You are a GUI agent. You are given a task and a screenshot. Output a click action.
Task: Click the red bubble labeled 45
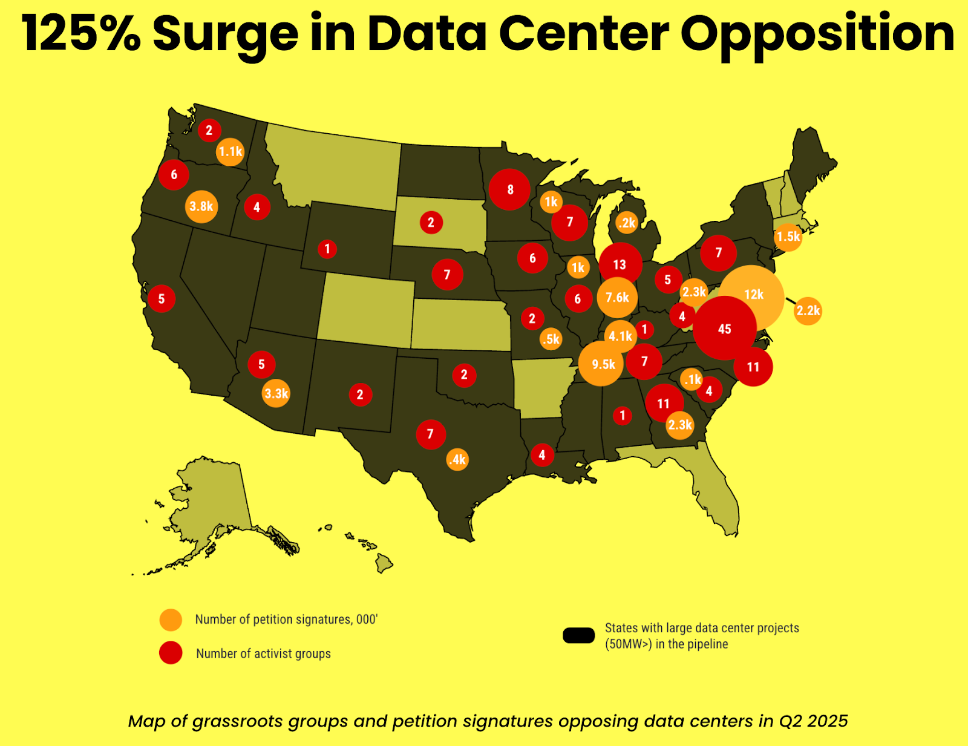tap(724, 329)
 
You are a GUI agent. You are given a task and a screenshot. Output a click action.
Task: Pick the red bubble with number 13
tap(620, 264)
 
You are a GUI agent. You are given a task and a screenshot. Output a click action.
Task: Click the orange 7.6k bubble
tap(617, 297)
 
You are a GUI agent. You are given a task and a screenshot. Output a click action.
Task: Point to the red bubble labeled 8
tap(509, 189)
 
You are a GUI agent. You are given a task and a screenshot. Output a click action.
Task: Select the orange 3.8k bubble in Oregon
tap(201, 206)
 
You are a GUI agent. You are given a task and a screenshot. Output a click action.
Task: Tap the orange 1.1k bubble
tap(230, 151)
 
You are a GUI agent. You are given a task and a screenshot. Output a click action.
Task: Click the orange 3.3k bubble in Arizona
tap(276, 394)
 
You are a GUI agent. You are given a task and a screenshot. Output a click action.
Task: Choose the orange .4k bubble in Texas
tap(457, 459)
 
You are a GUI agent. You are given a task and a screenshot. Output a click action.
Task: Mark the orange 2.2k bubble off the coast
tap(808, 311)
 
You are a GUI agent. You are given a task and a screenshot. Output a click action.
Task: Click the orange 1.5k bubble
tap(788, 237)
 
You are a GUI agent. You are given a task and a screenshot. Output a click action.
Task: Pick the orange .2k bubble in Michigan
tap(627, 223)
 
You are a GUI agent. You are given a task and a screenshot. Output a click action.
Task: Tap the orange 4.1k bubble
tap(620, 336)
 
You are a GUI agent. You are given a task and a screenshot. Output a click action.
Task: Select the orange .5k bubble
tap(551, 339)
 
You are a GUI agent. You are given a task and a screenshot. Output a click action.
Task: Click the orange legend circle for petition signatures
tap(171, 620)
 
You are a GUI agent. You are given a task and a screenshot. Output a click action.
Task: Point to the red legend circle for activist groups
tap(171, 653)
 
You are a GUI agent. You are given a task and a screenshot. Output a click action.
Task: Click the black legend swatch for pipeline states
tap(578, 635)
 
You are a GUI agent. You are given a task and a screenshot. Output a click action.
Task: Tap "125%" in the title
tap(81, 34)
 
